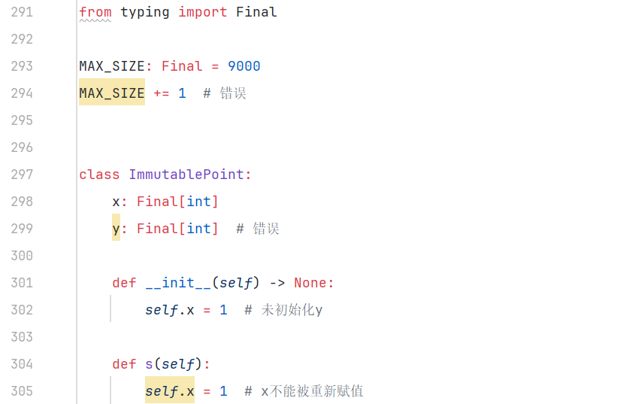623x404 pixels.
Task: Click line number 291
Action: (21, 12)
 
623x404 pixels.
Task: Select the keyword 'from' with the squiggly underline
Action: (95, 12)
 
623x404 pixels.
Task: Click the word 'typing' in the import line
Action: (144, 12)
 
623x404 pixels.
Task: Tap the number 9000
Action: (243, 66)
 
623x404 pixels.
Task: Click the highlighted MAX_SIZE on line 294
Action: (111, 93)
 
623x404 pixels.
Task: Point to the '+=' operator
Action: (161, 93)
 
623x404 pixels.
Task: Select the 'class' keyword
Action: (99, 175)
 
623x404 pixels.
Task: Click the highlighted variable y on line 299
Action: (116, 229)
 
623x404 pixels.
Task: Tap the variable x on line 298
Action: (116, 202)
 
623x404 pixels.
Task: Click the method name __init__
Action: (177, 283)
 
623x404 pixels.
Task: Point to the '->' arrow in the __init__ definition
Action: (277, 283)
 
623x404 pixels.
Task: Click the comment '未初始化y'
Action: (292, 310)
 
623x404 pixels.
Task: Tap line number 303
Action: (21, 337)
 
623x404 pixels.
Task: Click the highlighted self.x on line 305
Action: (169, 391)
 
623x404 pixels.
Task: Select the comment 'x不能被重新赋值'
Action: (312, 391)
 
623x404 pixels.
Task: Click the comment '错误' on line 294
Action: (233, 93)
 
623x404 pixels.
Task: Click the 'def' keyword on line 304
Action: (124, 364)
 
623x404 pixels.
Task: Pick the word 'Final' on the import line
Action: (256, 12)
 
